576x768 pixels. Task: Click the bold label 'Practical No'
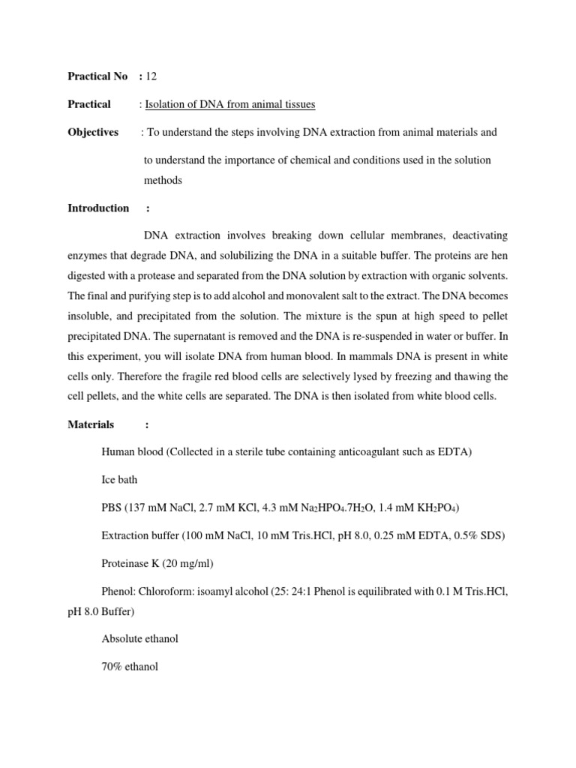click(97, 76)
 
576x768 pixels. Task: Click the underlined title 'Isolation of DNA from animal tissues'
click(230, 104)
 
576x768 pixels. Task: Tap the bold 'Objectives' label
click(93, 132)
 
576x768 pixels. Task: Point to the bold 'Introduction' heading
click(98, 208)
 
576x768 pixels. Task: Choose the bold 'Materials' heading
click(91, 424)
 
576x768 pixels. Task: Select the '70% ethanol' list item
click(129, 666)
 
